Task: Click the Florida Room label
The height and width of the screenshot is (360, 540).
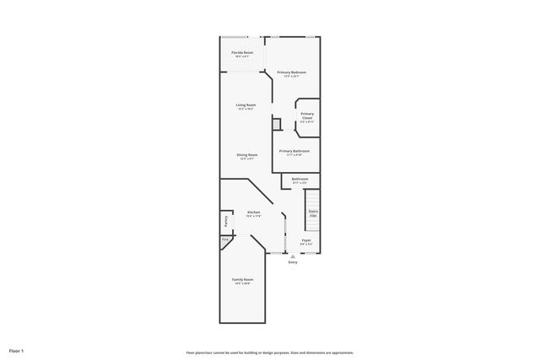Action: (242, 52)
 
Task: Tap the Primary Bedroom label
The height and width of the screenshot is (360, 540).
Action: (291, 73)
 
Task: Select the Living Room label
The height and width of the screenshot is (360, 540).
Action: (246, 105)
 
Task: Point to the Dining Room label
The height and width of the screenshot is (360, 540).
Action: (247, 155)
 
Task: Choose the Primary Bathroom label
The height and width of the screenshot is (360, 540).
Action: (294, 151)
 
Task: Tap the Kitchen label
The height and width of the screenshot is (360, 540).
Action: (253, 212)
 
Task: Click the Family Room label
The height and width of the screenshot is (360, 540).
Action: (243, 279)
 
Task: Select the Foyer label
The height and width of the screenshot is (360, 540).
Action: (306, 240)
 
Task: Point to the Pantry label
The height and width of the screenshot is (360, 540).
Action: (226, 222)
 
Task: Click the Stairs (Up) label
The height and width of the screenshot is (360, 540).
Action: (313, 213)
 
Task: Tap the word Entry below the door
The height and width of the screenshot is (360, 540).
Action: (293, 263)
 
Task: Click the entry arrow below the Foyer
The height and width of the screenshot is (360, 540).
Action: (293, 256)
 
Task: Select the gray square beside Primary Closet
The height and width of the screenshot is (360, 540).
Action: (276, 124)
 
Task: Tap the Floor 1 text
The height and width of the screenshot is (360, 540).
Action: (17, 350)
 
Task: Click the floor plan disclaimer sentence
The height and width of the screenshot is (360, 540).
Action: (269, 352)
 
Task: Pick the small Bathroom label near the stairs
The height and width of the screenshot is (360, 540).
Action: (300, 179)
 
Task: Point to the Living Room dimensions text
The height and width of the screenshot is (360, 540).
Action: (246, 109)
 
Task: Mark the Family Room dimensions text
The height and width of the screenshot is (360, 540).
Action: (243, 283)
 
